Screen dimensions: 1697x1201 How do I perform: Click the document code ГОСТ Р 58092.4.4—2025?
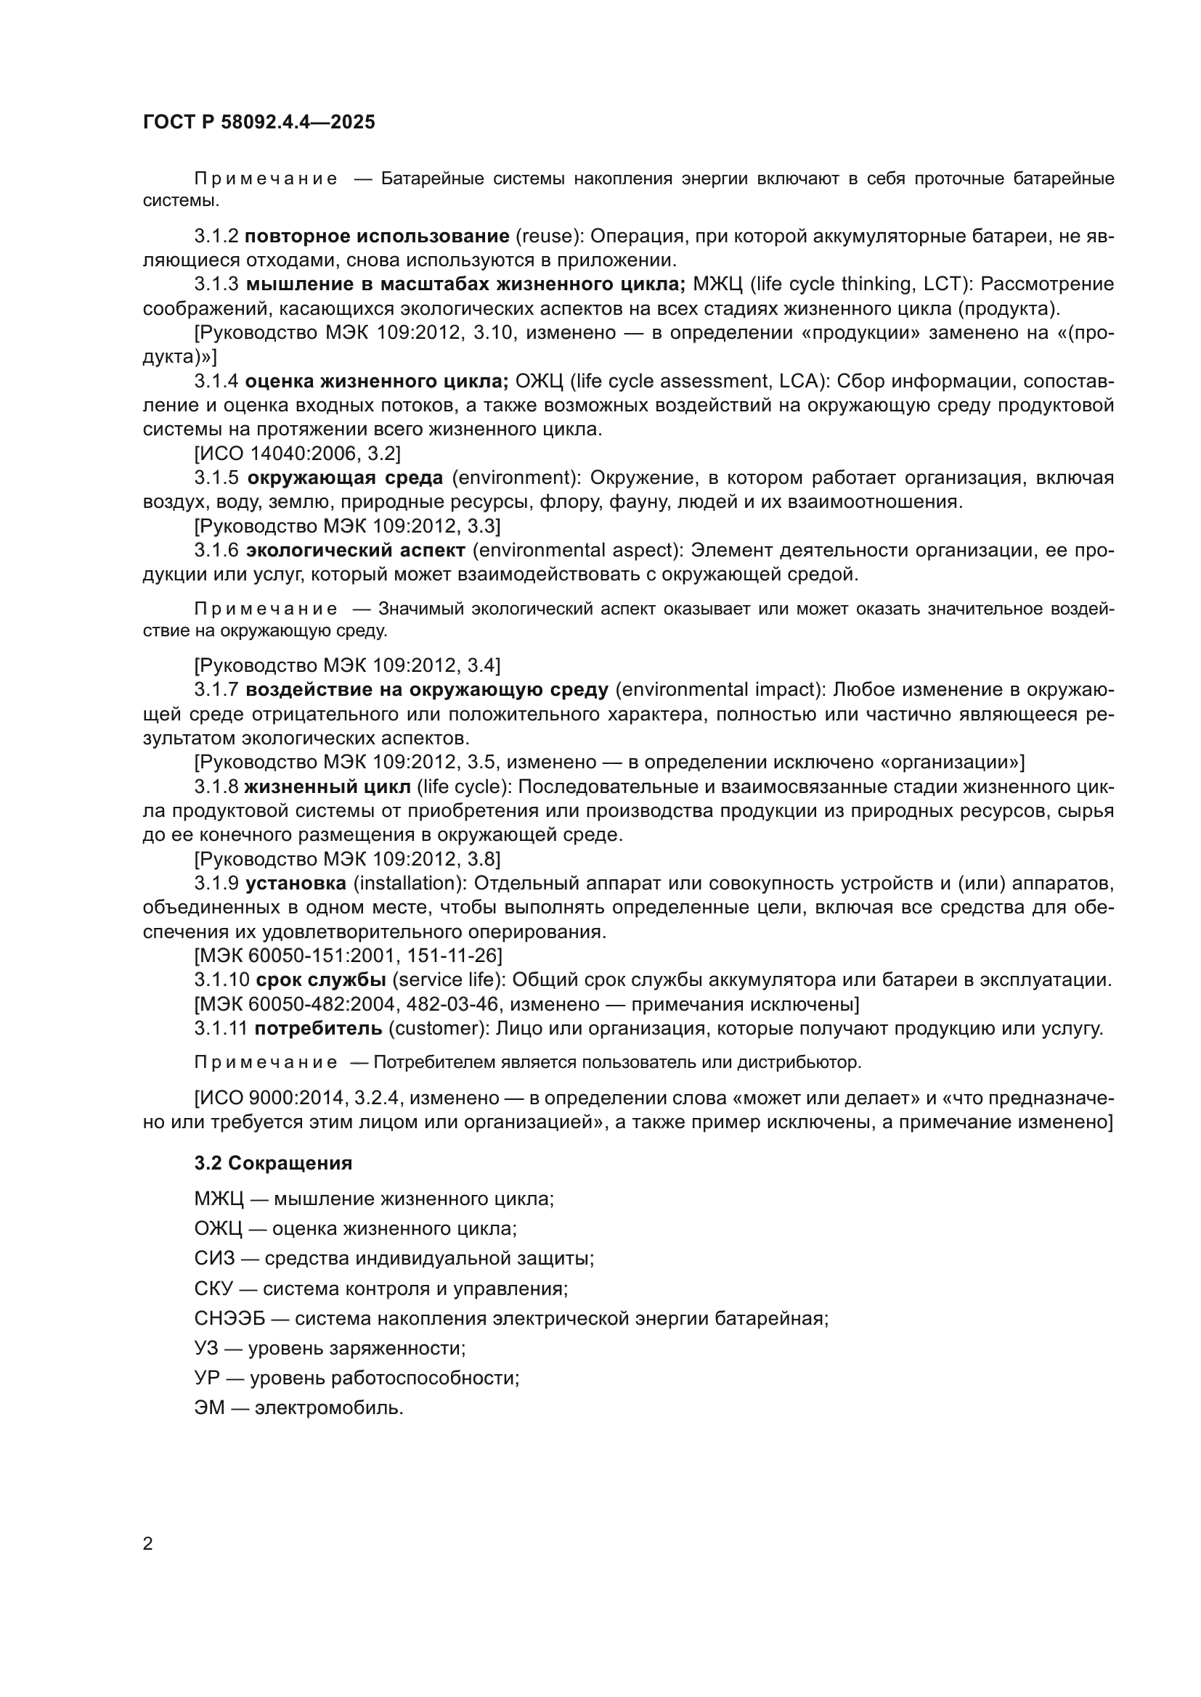(258, 122)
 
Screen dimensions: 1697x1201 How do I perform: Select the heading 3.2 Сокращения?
(273, 1162)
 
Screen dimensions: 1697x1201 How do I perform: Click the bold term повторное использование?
(377, 236)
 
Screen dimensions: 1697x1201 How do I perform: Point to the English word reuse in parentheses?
(545, 236)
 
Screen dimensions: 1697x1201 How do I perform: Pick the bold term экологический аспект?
(356, 550)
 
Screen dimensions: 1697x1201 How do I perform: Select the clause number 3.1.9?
(216, 882)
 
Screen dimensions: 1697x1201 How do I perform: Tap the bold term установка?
(296, 882)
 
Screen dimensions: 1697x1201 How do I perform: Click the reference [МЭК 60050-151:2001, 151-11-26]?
(349, 956)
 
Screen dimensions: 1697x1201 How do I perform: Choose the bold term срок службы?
(321, 980)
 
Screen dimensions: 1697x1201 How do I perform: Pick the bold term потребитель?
(318, 1028)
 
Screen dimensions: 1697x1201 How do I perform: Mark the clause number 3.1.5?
(216, 477)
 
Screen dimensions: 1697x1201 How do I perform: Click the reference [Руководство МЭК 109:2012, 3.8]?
(347, 859)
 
